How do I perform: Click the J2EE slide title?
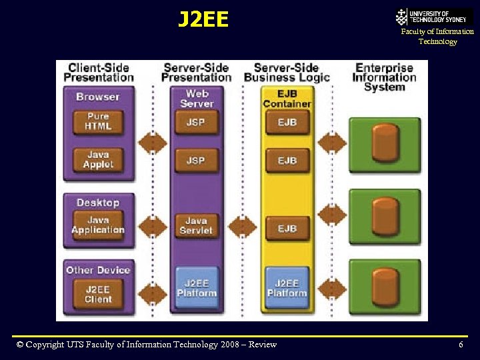tap(203, 19)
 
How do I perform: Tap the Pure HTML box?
tap(98, 121)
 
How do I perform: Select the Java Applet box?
tap(98, 160)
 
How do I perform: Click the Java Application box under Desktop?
tap(98, 225)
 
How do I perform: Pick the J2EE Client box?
tap(98, 294)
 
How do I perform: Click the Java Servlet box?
tap(196, 225)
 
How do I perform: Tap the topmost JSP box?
tap(196, 122)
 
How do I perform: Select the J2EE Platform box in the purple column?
tap(196, 288)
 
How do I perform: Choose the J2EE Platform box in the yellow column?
tap(287, 288)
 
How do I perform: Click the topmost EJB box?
tap(287, 122)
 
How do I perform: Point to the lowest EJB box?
tap(287, 228)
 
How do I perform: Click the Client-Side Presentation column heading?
tap(99, 72)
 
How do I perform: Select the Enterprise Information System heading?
tap(385, 77)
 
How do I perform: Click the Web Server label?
tap(196, 98)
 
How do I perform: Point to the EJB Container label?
tap(287, 98)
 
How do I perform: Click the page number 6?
tap(461, 345)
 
